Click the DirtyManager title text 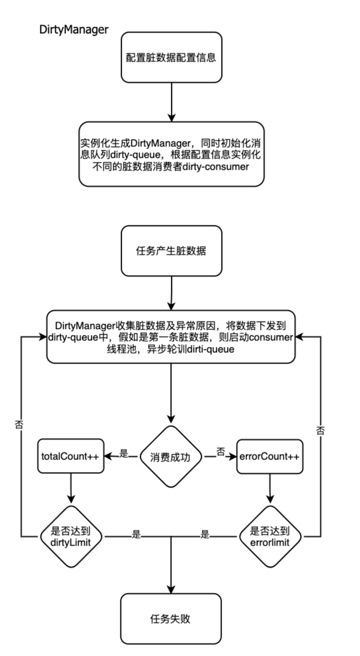click(x=74, y=30)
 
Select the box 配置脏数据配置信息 click(x=171, y=57)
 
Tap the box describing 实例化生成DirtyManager click(x=171, y=154)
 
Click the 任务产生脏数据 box click(x=171, y=251)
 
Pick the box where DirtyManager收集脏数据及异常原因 click(x=171, y=337)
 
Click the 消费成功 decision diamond click(x=171, y=457)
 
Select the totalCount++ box click(x=71, y=456)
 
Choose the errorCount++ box click(x=269, y=456)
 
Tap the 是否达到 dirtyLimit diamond click(x=71, y=536)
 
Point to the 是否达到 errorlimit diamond click(x=270, y=536)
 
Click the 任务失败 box click(x=171, y=619)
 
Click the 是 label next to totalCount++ click(x=124, y=453)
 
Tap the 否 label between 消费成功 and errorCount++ click(x=221, y=452)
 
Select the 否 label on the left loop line click(x=19, y=424)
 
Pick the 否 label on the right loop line click(x=320, y=431)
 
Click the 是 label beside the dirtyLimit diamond click(x=136, y=534)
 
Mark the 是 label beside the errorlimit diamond click(x=205, y=534)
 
